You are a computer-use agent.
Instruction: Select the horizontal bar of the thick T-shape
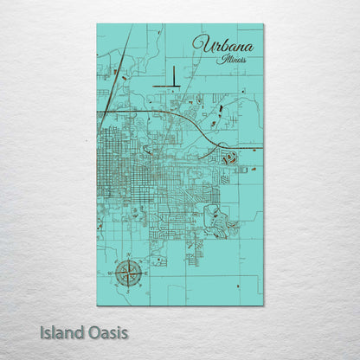[168, 86]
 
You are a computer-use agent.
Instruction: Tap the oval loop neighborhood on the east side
[229, 158]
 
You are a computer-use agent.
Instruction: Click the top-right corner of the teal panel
[263, 24]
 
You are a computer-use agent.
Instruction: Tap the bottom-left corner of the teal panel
[98, 305]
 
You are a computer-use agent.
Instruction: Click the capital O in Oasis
[93, 331]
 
